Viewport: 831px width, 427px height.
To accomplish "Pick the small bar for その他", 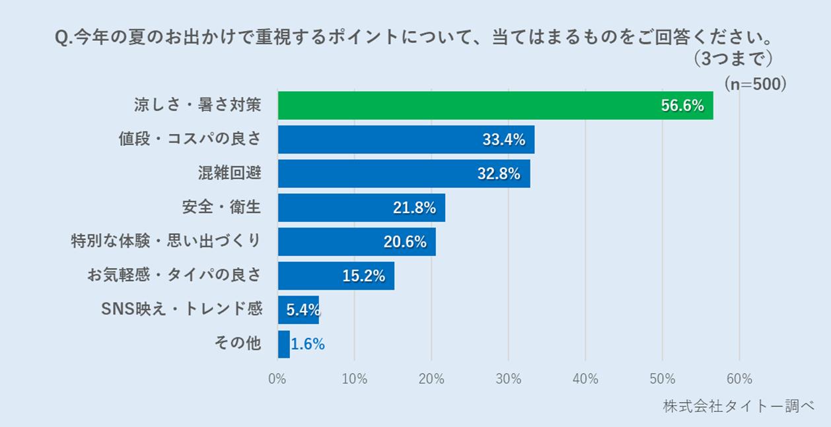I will pos(283,345).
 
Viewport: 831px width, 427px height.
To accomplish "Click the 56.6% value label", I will pos(682,106).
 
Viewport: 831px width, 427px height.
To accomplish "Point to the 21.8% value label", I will pos(414,208).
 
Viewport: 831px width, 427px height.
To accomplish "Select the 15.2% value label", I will pos(363,277).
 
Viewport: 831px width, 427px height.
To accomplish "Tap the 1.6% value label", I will pos(308,345).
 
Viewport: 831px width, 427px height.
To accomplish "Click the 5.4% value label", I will pos(303,310).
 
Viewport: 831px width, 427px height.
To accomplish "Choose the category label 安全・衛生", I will pos(222,207).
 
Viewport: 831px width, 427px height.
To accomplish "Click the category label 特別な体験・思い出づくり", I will pos(166,241).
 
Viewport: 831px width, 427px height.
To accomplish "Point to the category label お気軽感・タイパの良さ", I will pos(174,275).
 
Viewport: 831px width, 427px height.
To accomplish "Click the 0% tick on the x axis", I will pos(277,379).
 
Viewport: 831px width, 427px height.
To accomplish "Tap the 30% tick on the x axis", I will pos(508,379).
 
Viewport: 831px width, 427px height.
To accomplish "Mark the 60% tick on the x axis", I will pos(739,379).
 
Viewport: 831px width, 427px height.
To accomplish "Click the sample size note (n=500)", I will pos(754,84).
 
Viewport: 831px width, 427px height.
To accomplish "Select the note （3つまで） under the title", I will pos(733,59).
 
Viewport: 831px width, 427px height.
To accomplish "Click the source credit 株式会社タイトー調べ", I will pos(739,407).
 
